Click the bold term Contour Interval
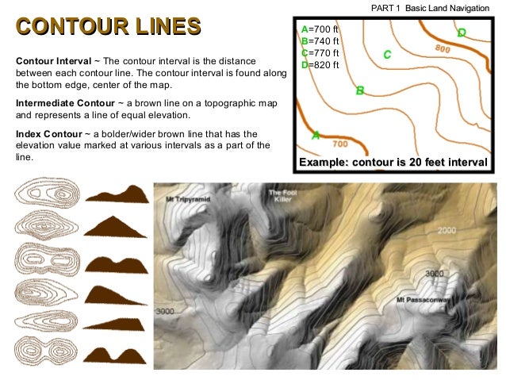click(x=53, y=60)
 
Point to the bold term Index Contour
click(x=49, y=134)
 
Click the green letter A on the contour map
click(x=316, y=135)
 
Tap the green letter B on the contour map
click(x=360, y=90)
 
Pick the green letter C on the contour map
click(x=387, y=55)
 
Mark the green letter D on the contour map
click(x=462, y=33)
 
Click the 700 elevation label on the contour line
click(x=339, y=144)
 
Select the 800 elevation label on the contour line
click(x=443, y=49)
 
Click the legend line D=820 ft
click(x=320, y=65)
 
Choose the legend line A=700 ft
click(x=320, y=29)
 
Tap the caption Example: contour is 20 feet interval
click(x=392, y=163)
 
